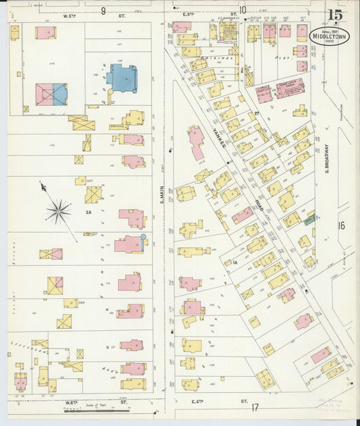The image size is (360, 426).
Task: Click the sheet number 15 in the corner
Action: pos(334,15)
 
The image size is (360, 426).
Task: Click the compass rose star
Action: pos(59,211)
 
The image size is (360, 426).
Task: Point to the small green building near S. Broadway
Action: pos(309,219)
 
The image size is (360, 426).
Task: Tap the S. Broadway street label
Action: pos(326,157)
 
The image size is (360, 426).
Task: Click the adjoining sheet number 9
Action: pos(103,10)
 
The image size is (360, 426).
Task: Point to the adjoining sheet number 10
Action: pos(242,10)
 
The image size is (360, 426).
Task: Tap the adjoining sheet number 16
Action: pos(341,225)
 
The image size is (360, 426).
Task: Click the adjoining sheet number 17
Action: pos(255,407)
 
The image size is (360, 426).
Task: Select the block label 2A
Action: pos(88,212)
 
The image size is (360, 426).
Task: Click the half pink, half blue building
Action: pos(51,94)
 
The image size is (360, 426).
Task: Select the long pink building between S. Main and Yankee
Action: pos(197,143)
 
